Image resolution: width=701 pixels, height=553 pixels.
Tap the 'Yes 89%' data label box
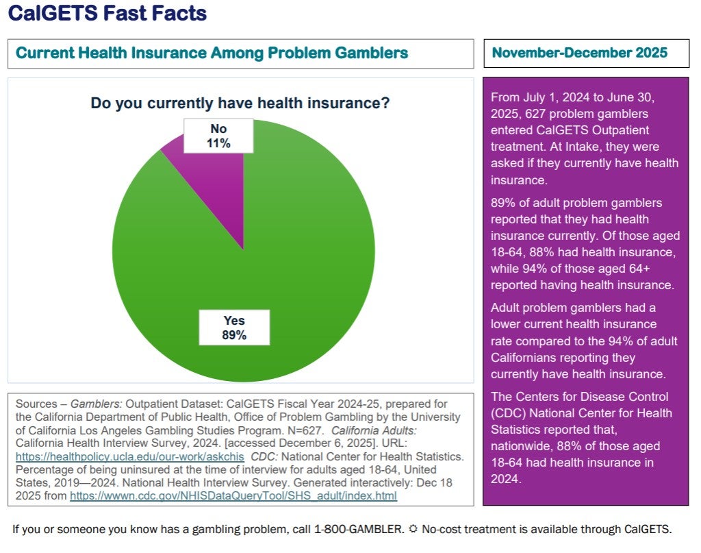pyautogui.click(x=234, y=328)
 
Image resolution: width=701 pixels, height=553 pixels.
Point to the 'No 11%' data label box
pyautogui.click(x=219, y=136)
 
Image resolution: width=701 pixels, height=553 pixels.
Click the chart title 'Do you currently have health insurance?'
pyautogui.click(x=240, y=103)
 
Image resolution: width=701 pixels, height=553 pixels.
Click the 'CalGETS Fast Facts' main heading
pyautogui.click(x=107, y=13)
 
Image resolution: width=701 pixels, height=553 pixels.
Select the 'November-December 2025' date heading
pyautogui.click(x=579, y=53)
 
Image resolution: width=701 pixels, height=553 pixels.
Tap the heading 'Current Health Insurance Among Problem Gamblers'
pyautogui.click(x=212, y=53)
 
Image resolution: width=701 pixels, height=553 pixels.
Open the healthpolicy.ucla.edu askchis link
pyautogui.click(x=130, y=456)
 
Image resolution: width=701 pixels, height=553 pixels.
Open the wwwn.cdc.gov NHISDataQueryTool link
pyautogui.click(x=233, y=495)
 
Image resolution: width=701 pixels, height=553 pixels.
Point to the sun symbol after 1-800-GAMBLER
pyautogui.click(x=414, y=529)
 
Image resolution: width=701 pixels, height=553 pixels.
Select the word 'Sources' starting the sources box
pyautogui.click(x=36, y=404)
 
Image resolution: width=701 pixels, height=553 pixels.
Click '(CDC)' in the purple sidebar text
pyautogui.click(x=506, y=413)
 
